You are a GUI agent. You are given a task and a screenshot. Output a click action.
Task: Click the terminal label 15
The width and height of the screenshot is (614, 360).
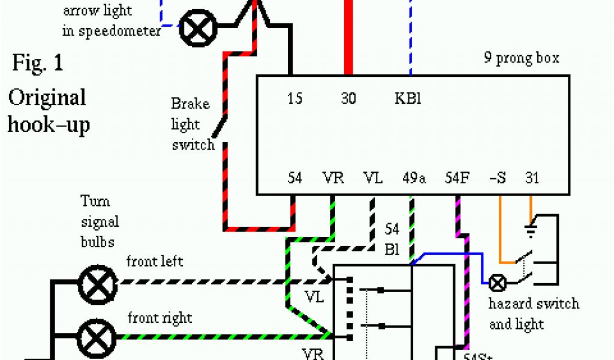294,98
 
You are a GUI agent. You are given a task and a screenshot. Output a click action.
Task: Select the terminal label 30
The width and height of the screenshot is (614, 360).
348,98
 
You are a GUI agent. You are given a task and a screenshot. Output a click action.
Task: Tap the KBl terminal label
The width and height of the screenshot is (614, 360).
408,98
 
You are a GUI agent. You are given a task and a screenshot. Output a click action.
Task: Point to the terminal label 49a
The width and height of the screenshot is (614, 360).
414,178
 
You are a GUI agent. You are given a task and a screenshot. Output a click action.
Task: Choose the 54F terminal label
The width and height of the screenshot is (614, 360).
457,178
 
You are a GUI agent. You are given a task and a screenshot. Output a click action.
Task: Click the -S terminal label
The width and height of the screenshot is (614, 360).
498,178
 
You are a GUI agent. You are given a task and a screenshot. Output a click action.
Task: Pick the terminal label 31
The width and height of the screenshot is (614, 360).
532,178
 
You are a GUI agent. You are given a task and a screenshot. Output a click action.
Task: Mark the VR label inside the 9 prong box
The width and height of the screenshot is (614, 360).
333,178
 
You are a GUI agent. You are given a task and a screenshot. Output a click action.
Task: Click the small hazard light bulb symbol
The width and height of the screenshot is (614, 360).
498,282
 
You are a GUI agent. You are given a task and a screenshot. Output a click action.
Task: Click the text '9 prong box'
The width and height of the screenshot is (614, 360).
522,58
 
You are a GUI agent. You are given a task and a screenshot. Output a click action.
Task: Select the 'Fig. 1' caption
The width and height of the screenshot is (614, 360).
37,63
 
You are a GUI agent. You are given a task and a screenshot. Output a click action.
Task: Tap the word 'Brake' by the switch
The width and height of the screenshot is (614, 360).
190,104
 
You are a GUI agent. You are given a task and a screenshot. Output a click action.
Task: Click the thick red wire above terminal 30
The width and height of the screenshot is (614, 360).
348,36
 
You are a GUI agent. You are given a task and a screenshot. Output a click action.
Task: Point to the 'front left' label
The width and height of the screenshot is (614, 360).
154,262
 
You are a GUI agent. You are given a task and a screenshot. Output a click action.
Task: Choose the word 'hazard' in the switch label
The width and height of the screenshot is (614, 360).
511,304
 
